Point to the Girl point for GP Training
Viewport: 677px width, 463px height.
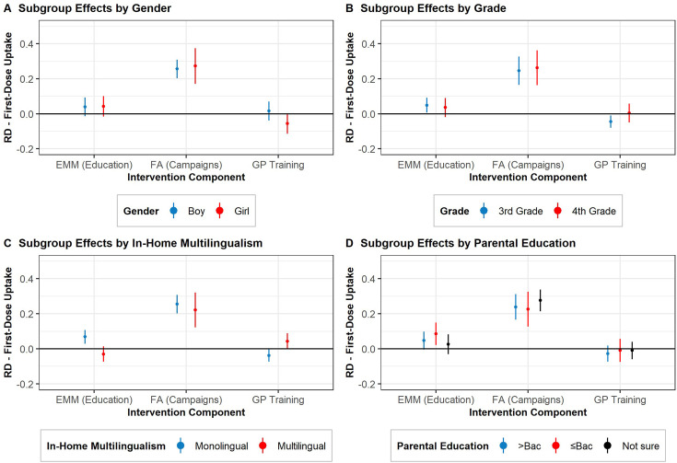tap(287, 123)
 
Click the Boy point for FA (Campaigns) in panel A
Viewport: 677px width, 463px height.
tap(177, 69)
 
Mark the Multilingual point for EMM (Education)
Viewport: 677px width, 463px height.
tap(103, 353)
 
